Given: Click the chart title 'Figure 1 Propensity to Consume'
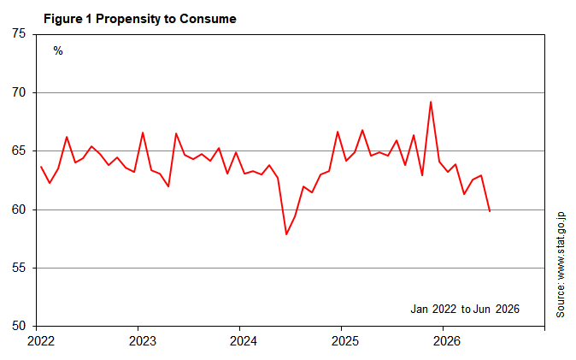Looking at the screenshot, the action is point(139,19).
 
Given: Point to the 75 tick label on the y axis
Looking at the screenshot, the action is point(19,33).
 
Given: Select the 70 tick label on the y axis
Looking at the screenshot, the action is point(19,92).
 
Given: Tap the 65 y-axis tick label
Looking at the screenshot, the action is point(19,150).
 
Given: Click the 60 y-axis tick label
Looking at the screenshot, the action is point(19,210).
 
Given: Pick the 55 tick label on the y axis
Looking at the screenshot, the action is point(19,268).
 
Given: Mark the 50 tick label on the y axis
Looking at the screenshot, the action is point(19,326).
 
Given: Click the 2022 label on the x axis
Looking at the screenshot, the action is point(41,341).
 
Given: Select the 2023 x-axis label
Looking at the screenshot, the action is point(143,341).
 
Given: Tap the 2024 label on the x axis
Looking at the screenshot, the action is point(244,341).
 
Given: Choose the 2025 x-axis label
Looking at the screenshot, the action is point(345,341).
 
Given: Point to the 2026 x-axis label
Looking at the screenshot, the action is point(447,341).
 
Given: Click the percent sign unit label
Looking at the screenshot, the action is point(58,50).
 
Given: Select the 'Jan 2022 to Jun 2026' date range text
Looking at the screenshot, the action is point(465,309).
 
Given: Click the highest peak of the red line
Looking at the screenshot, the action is point(431,102).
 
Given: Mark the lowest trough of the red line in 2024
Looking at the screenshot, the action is point(286,234).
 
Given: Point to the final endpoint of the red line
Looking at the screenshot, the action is point(490,211).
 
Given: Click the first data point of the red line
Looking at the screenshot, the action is point(41,167).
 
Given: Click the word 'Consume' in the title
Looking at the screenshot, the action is point(208,19).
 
